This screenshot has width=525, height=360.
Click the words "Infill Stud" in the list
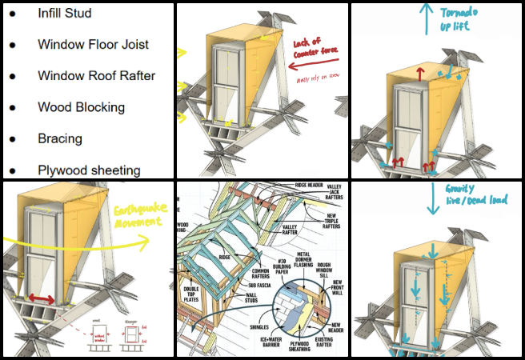(64, 14)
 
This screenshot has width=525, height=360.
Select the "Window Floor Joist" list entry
(93, 45)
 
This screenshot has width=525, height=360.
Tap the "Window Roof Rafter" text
(96, 76)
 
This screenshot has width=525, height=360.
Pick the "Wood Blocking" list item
(81, 107)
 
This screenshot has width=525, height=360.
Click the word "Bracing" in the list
(60, 138)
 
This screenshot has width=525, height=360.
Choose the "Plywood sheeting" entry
(88, 170)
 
